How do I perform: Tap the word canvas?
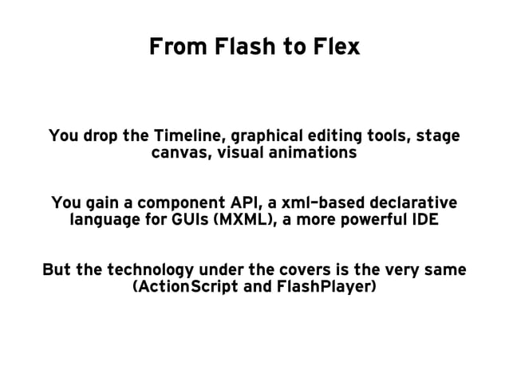point(176,152)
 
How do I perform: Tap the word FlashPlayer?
point(326,286)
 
